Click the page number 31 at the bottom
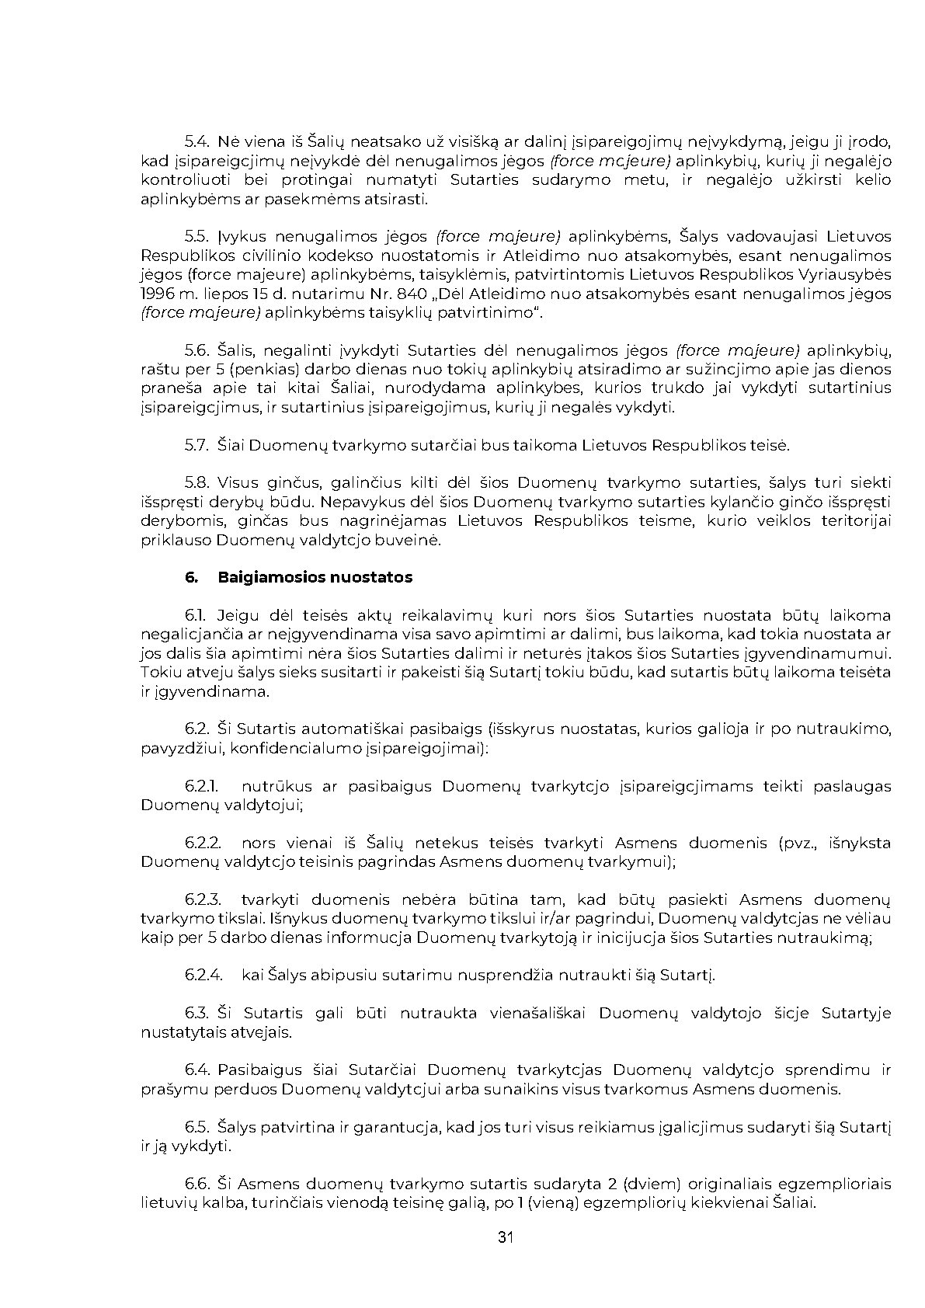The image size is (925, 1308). [506, 1237]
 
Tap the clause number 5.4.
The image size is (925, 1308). [197, 142]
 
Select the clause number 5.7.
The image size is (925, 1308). [197, 445]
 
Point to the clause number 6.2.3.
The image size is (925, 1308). [203, 899]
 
